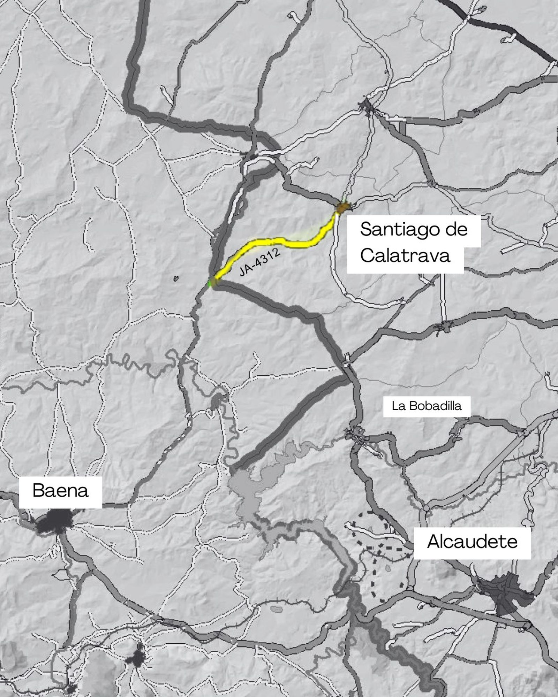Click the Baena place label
[60, 491]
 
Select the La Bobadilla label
[426, 406]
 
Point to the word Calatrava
[405, 256]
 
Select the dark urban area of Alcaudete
[506, 589]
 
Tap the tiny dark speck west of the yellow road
[176, 278]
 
